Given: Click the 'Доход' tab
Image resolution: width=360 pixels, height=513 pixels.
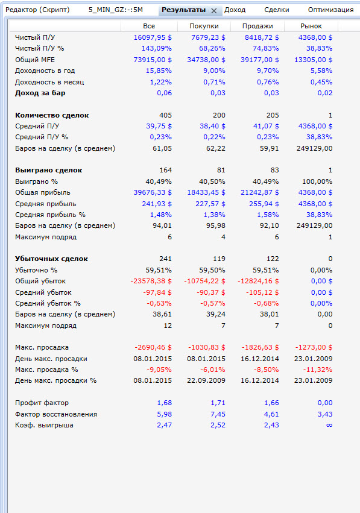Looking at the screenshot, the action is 235,10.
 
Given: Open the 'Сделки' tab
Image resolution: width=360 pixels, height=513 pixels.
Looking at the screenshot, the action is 277,10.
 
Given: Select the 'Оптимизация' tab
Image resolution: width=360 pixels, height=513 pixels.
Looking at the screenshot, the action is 330,10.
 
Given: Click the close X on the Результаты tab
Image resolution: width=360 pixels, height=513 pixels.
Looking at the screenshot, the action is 214,11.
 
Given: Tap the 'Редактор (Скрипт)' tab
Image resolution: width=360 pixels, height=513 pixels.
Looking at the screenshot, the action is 37,10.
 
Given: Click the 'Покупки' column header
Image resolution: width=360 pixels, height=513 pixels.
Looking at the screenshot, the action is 204,26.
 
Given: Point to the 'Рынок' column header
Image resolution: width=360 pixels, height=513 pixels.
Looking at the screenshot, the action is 311,26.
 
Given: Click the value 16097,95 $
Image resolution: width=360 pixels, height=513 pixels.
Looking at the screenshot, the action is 153,37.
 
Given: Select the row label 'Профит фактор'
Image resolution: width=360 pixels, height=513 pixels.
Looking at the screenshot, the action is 42,403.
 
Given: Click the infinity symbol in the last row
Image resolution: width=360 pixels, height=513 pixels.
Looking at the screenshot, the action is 329,426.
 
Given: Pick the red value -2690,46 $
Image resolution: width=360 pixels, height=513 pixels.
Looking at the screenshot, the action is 153,347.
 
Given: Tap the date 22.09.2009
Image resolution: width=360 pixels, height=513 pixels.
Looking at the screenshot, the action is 206,380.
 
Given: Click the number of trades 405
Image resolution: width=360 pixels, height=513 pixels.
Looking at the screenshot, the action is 166,115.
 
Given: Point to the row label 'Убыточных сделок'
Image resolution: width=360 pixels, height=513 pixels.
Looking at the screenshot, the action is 51,259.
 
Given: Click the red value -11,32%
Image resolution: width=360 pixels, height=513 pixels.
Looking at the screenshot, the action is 317,370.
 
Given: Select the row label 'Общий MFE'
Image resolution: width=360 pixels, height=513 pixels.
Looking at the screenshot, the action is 35,60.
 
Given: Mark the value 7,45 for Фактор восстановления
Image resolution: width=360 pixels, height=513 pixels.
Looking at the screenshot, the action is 218,414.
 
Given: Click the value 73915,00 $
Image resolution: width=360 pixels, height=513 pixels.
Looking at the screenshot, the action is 153,60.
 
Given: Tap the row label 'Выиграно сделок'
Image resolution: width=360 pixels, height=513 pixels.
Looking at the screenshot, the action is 48,170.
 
